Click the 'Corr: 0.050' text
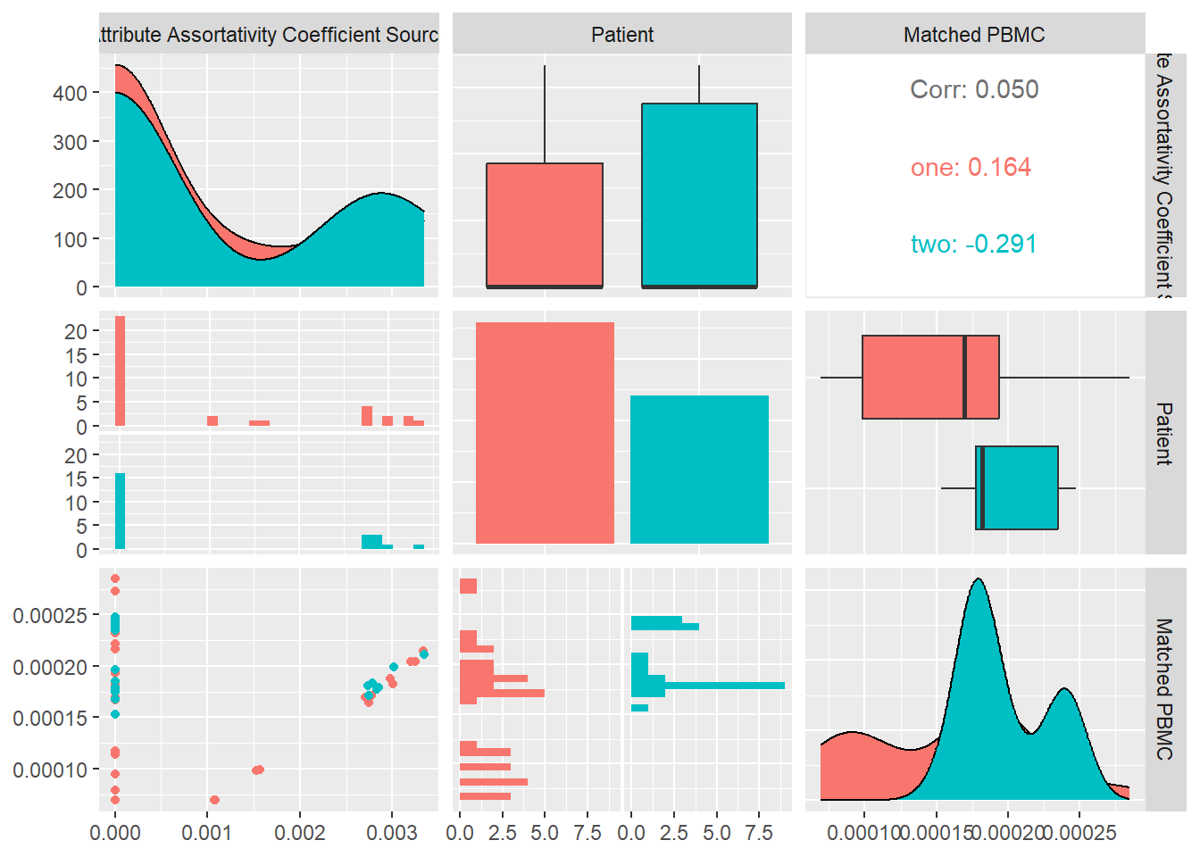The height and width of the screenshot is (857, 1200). click(x=974, y=89)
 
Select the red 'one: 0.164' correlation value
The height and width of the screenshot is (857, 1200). click(x=971, y=167)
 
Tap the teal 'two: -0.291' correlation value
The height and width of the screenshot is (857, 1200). click(x=973, y=244)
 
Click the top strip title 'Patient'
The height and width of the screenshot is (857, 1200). click(x=621, y=35)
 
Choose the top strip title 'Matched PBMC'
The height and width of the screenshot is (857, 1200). click(x=974, y=35)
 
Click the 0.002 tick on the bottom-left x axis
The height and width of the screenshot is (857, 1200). click(x=299, y=833)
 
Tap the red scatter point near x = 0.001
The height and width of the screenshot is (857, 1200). click(x=214, y=800)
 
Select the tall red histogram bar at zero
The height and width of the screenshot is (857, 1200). click(x=120, y=370)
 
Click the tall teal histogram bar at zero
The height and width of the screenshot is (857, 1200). click(x=120, y=511)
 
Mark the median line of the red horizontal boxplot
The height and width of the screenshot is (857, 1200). click(x=964, y=377)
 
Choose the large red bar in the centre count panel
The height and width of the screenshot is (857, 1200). click(x=545, y=433)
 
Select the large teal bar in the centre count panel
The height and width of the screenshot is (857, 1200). click(x=699, y=469)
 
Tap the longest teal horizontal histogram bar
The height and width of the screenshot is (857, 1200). click(x=723, y=686)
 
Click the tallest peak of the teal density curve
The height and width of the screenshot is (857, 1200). click(x=979, y=582)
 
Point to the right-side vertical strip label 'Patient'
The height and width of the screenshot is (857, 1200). click(x=1164, y=433)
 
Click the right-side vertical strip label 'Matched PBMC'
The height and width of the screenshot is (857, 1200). click(x=1164, y=688)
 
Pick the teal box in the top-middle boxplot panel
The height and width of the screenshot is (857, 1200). click(x=699, y=195)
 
